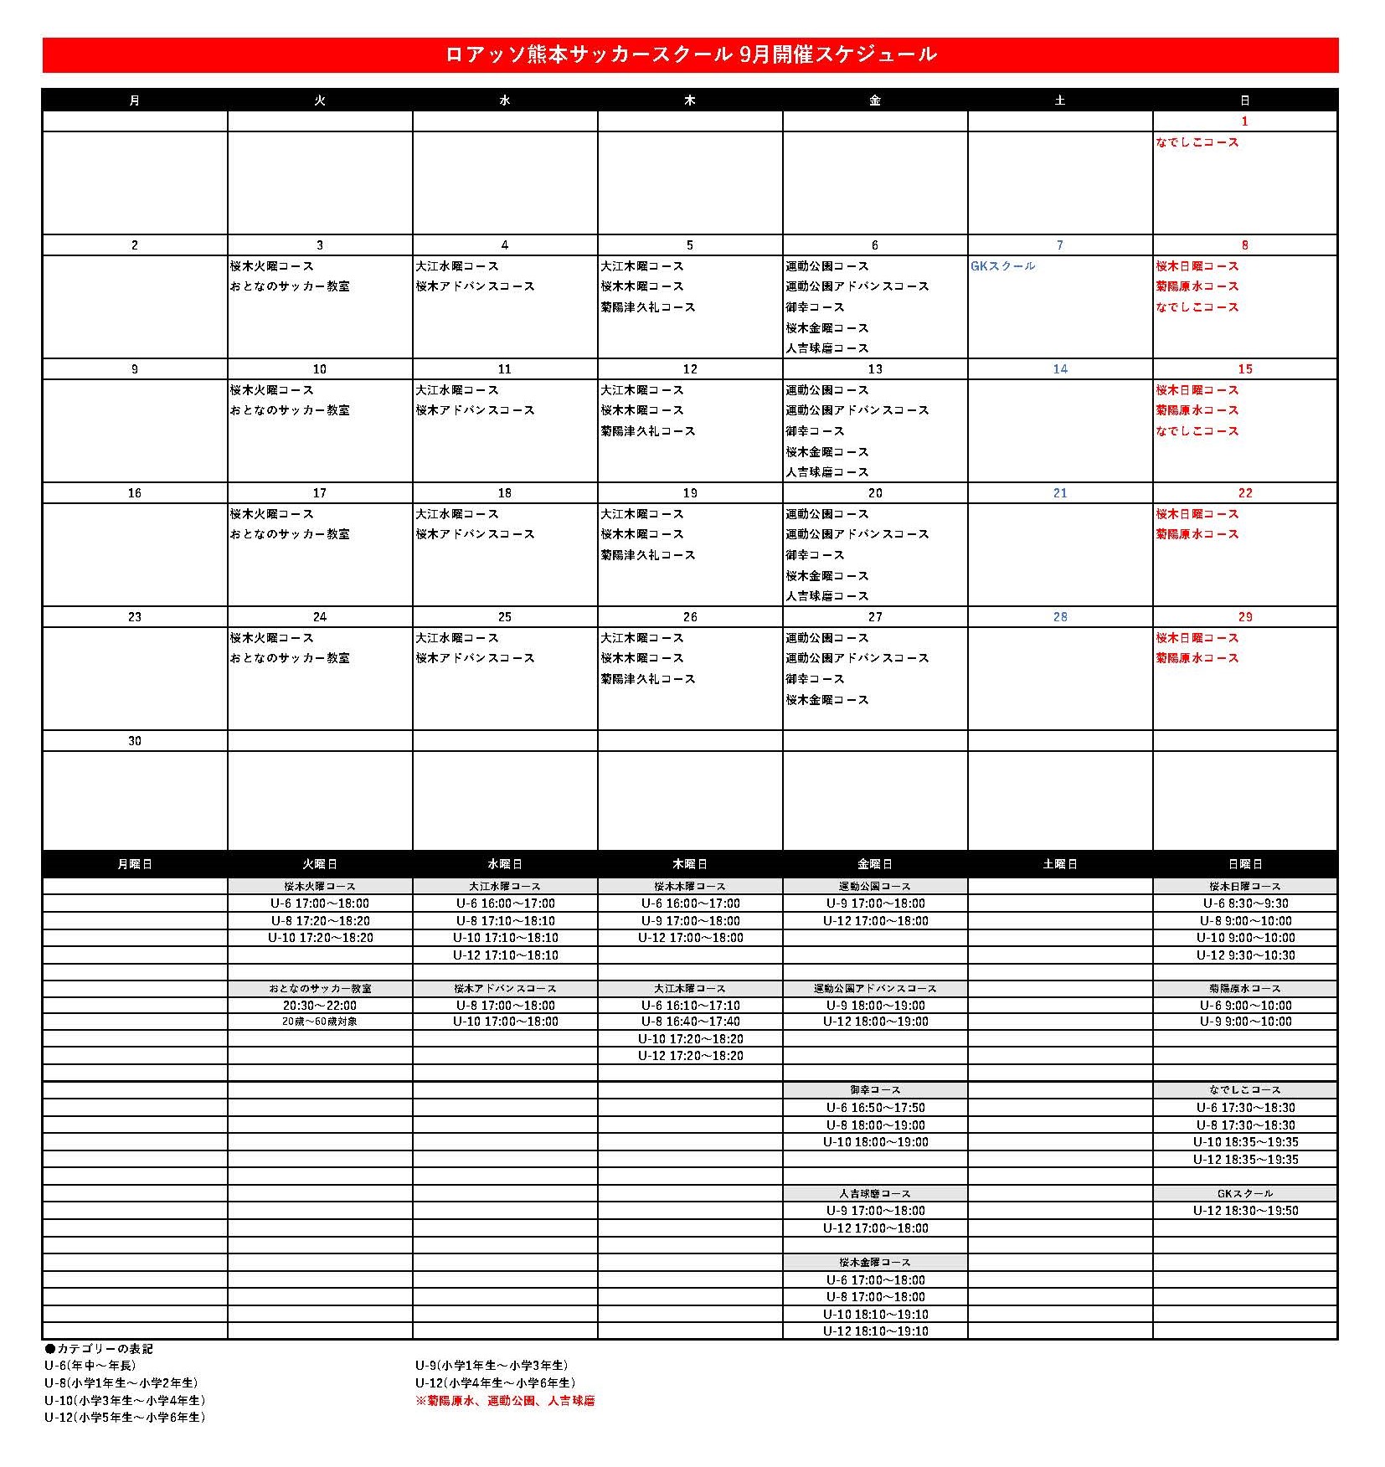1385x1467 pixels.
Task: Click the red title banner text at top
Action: click(x=691, y=55)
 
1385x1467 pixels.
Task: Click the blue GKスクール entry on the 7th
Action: click(x=1002, y=266)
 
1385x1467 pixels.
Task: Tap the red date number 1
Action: click(x=1244, y=121)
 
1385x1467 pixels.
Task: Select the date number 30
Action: click(x=135, y=741)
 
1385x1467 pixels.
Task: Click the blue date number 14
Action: click(x=1060, y=369)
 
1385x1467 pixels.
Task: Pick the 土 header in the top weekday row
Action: click(x=1060, y=100)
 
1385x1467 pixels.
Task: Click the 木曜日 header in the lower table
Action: click(x=690, y=864)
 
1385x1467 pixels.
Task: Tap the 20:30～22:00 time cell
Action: click(x=320, y=1006)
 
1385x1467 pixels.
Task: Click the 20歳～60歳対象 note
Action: click(x=320, y=1022)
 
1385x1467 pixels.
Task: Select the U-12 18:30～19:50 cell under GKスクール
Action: click(x=1245, y=1211)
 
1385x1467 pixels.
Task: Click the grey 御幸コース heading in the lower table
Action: click(x=875, y=1090)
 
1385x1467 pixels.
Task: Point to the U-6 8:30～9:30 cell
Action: click(x=1245, y=903)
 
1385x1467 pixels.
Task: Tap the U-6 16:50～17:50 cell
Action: click(x=875, y=1108)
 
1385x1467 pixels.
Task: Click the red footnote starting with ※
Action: click(x=505, y=1401)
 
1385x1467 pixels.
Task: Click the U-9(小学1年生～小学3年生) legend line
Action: click(x=492, y=1366)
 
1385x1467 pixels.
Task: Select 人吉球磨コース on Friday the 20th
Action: click(x=827, y=596)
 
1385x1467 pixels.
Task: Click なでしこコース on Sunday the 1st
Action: click(x=1197, y=142)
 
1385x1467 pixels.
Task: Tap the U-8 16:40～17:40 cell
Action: click(x=690, y=1022)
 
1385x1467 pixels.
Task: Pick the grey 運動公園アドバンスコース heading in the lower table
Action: click(x=875, y=989)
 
